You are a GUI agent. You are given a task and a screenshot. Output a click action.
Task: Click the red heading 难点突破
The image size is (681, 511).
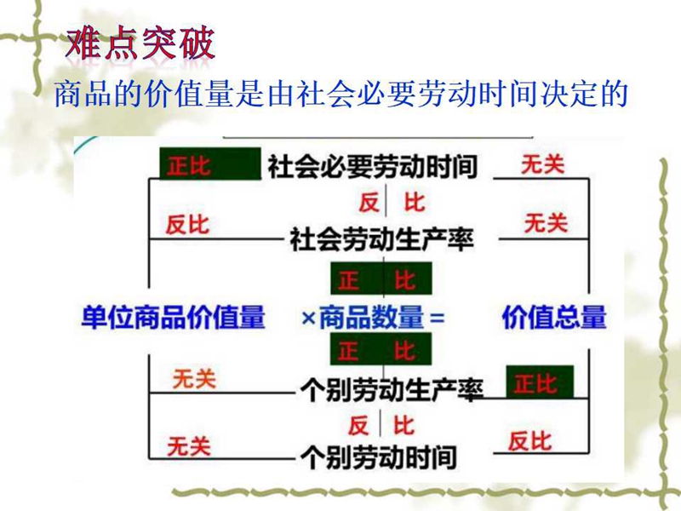tap(140, 43)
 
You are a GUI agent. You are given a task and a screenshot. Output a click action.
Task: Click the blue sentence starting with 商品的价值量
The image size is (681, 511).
tap(341, 94)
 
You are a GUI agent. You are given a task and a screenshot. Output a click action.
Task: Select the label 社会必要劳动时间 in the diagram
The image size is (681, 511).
tap(373, 166)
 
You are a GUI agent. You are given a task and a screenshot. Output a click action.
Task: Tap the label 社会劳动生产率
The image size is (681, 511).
tap(381, 239)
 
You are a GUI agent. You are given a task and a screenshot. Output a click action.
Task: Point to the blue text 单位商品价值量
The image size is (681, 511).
tap(173, 317)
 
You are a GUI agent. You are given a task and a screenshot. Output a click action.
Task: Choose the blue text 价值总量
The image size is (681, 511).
tap(554, 317)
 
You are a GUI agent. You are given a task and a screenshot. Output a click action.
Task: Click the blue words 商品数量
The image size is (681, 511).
tap(371, 317)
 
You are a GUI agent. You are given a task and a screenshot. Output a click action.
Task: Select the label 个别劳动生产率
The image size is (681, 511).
tap(392, 390)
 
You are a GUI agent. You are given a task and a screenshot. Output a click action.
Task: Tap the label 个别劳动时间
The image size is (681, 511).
tap(378, 457)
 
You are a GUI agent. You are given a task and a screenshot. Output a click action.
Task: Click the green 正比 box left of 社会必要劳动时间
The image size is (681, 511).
tap(210, 164)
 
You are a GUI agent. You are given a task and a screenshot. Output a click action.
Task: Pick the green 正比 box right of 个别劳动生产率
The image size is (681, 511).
tap(540, 382)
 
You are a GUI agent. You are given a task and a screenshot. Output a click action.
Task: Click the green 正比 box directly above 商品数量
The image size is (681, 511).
tap(381, 278)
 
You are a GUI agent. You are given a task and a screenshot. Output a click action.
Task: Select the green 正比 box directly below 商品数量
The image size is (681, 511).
tap(381, 349)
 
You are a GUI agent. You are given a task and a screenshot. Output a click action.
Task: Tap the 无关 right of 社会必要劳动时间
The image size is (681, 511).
tap(543, 165)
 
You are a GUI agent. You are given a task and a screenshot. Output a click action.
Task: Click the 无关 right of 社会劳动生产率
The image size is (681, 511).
tap(546, 223)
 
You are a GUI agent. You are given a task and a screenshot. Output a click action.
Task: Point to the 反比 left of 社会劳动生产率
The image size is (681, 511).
tap(187, 225)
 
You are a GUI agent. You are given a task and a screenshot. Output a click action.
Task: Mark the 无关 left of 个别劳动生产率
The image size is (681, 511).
tap(194, 379)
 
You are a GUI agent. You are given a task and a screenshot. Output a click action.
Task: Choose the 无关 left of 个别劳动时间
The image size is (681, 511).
tap(189, 446)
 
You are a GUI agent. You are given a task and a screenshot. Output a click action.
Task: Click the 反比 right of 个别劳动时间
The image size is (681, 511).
tap(529, 441)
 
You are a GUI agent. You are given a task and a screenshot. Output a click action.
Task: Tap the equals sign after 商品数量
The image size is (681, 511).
tap(437, 318)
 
